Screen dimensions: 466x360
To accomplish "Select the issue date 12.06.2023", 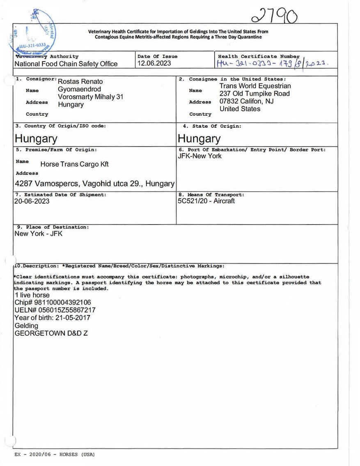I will pyautogui.click(x=154, y=64).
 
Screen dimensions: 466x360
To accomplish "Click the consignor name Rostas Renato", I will pyautogui.click(x=80, y=82).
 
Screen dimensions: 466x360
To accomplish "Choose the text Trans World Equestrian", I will pyautogui.click(x=255, y=86).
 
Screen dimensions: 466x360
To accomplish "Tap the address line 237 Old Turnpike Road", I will pyautogui.click(x=255, y=94).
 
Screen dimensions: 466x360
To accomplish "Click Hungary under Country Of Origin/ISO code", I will pyautogui.click(x=36, y=138).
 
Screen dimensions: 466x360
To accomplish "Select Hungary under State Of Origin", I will pyautogui.click(x=199, y=138).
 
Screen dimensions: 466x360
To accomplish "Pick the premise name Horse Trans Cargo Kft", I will pyautogui.click(x=74, y=164).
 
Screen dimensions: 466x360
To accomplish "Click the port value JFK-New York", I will pyautogui.click(x=199, y=156).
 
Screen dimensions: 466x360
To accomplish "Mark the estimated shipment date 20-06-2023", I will pyautogui.click(x=32, y=201).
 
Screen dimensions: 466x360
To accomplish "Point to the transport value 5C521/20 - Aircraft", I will pyautogui.click(x=206, y=201).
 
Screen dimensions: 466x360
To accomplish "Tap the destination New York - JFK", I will pyautogui.click(x=39, y=234).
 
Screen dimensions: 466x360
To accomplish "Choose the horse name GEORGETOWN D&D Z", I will pyautogui.click(x=51, y=333).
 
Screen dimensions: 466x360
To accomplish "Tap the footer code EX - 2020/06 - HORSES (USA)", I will pyautogui.click(x=55, y=455).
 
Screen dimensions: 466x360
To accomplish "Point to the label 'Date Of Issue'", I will pyautogui.click(x=158, y=56).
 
